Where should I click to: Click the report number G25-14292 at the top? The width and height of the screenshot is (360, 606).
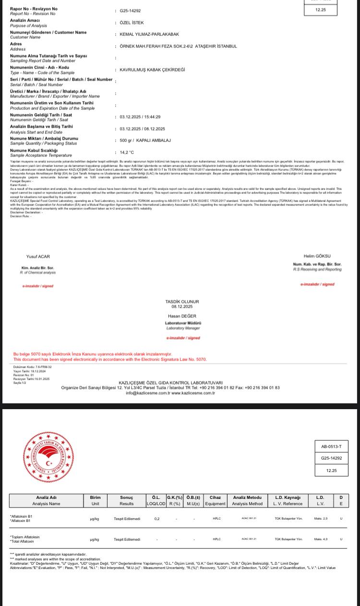point(130,11)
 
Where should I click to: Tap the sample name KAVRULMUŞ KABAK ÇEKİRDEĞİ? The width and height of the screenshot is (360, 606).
point(152,70)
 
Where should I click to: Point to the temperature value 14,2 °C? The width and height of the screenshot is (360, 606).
point(127,152)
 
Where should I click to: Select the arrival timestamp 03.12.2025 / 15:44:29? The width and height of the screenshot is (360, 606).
point(140,117)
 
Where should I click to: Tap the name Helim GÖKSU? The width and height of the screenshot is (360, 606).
point(317,256)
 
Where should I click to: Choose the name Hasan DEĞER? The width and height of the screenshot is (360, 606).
point(182,316)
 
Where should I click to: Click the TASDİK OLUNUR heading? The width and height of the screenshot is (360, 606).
point(182,302)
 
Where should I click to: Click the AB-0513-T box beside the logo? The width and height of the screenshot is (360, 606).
point(331,447)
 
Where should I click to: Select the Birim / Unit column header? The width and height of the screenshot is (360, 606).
point(95,500)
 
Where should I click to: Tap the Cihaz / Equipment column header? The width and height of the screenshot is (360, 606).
point(215,500)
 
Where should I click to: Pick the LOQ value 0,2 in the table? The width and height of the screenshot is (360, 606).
point(157,519)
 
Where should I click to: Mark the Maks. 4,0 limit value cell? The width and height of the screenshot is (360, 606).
point(321,539)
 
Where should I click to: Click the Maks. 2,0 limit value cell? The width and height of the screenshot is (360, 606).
point(321,519)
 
